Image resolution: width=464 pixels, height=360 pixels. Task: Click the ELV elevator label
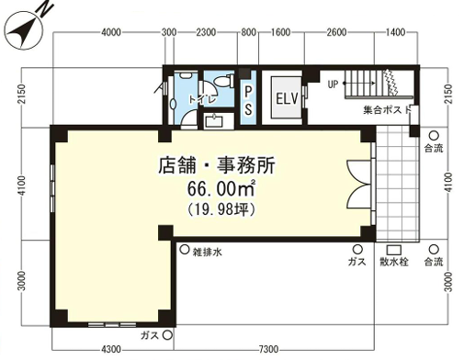click(287, 98)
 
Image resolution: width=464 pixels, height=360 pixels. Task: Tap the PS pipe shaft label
click(248, 100)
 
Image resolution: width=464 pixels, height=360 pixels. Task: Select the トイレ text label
click(203, 99)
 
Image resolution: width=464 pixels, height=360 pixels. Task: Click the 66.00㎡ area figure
click(221, 188)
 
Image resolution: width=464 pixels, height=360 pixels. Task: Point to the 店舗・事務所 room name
click(217, 165)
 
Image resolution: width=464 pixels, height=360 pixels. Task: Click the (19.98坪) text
click(221, 209)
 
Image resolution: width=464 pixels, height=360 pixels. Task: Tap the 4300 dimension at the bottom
click(110, 349)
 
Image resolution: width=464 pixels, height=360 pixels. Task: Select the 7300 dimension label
click(268, 349)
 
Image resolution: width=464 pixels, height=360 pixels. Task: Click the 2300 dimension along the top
click(206, 32)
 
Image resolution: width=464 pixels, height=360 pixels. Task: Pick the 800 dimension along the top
click(248, 32)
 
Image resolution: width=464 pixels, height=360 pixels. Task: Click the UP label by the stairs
click(333, 84)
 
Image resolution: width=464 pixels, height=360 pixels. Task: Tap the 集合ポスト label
click(387, 109)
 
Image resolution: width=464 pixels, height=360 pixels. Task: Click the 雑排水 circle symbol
click(185, 250)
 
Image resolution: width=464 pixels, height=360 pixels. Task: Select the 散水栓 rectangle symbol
click(393, 250)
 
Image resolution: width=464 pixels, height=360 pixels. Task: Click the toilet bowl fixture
click(222, 81)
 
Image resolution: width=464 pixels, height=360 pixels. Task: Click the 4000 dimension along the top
click(111, 32)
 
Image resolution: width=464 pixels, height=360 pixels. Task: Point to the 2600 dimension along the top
click(336, 32)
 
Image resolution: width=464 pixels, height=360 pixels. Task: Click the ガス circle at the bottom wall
click(167, 335)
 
